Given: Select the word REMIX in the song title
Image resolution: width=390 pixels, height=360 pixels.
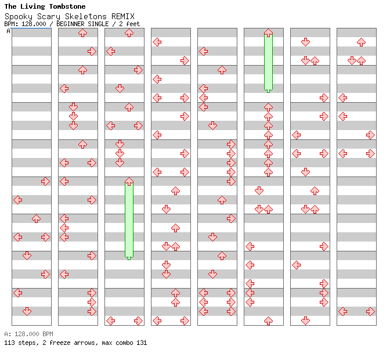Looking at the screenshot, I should pyautogui.click(x=122, y=16).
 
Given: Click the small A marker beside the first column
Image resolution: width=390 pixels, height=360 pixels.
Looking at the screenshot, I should pyautogui.click(x=8, y=31).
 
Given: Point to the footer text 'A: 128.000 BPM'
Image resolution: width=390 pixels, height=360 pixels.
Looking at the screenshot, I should pyautogui.click(x=28, y=334).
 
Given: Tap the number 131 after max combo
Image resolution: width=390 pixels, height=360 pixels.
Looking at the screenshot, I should pyautogui.click(x=141, y=343).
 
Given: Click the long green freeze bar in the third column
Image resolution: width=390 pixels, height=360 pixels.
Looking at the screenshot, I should pyautogui.click(x=129, y=221).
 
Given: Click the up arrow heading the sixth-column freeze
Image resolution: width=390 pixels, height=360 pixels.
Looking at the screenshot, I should pyautogui.click(x=268, y=33).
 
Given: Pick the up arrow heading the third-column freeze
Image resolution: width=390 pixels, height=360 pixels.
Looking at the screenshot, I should pyautogui.click(x=129, y=182).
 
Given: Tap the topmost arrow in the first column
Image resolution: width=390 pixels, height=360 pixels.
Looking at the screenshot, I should pyautogui.click(x=45, y=181).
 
